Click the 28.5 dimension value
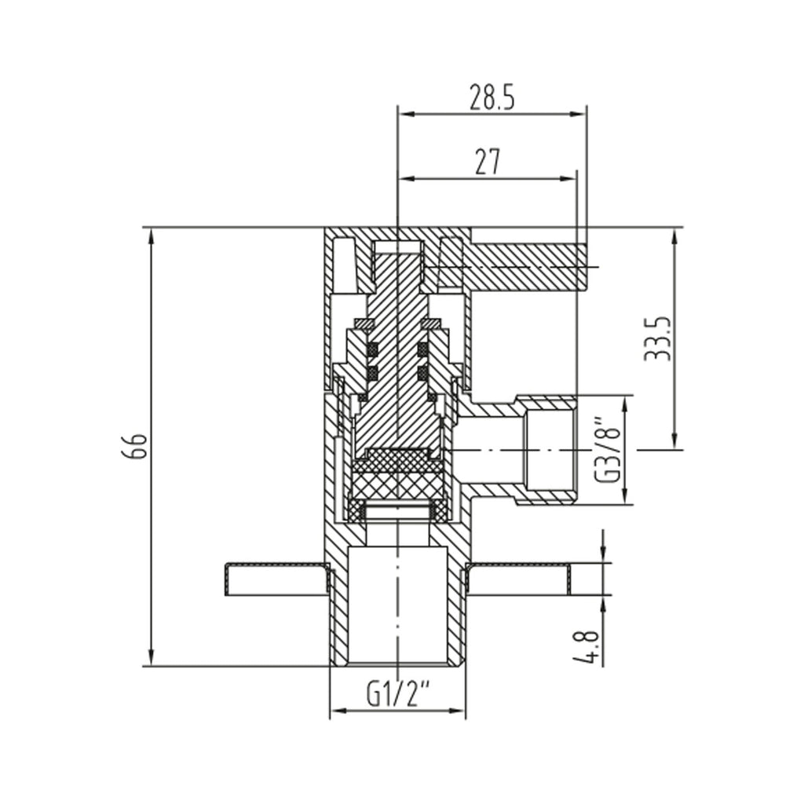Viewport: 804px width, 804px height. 492,97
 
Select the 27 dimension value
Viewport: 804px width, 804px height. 488,162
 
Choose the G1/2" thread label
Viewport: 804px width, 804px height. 398,694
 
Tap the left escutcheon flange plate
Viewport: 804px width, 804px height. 275,578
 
